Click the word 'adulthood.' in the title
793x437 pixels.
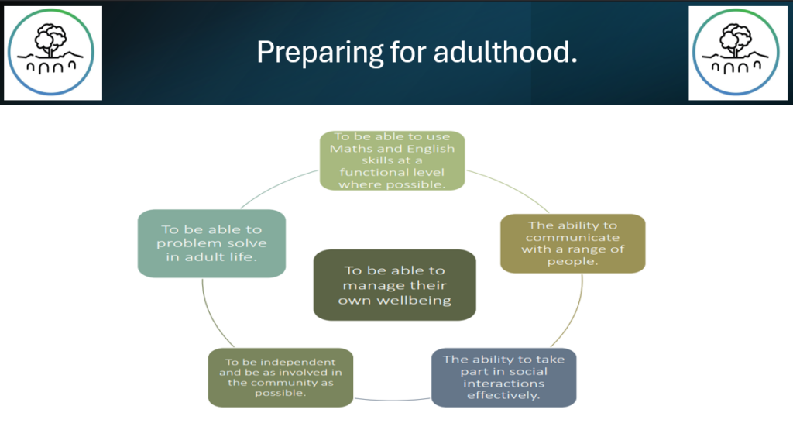click(505, 52)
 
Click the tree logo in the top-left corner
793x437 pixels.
click(51, 52)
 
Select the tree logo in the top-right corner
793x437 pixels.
click(736, 52)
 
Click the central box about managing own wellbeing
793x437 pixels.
click(394, 285)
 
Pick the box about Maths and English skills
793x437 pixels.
click(392, 160)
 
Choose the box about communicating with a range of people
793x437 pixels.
click(572, 243)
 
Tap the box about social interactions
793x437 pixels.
click(503, 377)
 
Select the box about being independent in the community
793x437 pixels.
click(280, 377)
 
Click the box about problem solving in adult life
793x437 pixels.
click(211, 243)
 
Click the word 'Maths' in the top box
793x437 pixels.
click(347, 149)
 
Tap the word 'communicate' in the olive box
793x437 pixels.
click(572, 237)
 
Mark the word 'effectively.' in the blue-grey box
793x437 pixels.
click(503, 395)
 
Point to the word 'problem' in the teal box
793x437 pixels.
click(189, 244)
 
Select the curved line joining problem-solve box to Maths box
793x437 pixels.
click(277, 186)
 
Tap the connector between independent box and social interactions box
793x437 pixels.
click(393, 400)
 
